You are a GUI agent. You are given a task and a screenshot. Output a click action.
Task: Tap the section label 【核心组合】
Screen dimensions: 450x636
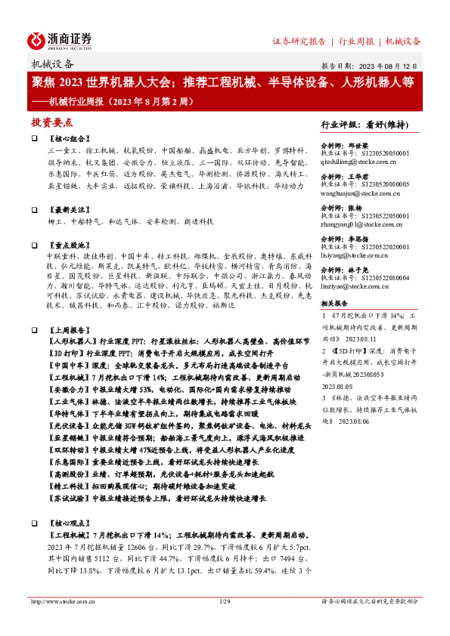(x=69, y=140)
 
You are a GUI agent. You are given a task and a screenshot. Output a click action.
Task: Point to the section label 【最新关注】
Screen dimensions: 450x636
(x=69, y=209)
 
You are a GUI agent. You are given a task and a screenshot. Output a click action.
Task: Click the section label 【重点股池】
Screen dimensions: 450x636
(x=69, y=245)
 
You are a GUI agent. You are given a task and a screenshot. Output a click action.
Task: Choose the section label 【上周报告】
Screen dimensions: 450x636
(x=69, y=330)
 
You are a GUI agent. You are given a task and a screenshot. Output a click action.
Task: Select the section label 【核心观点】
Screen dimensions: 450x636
(x=69, y=523)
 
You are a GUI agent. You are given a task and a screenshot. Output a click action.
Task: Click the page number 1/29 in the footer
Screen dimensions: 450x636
(x=224, y=601)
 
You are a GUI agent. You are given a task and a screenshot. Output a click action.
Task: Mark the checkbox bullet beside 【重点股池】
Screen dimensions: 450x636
(x=35, y=246)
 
